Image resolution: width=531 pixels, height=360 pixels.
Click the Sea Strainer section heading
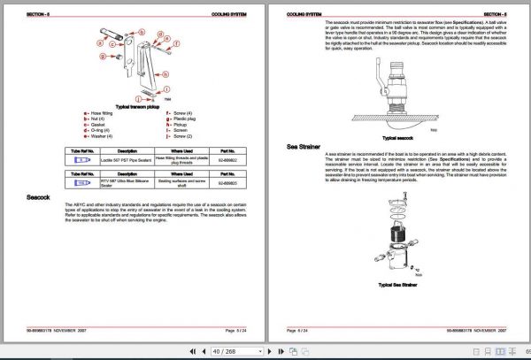[x=305, y=147]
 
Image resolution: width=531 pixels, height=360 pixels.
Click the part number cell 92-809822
[x=228, y=159]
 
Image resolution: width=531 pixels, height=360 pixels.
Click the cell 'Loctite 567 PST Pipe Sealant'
[x=127, y=159]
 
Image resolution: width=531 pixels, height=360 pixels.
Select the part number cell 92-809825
[x=228, y=182]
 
